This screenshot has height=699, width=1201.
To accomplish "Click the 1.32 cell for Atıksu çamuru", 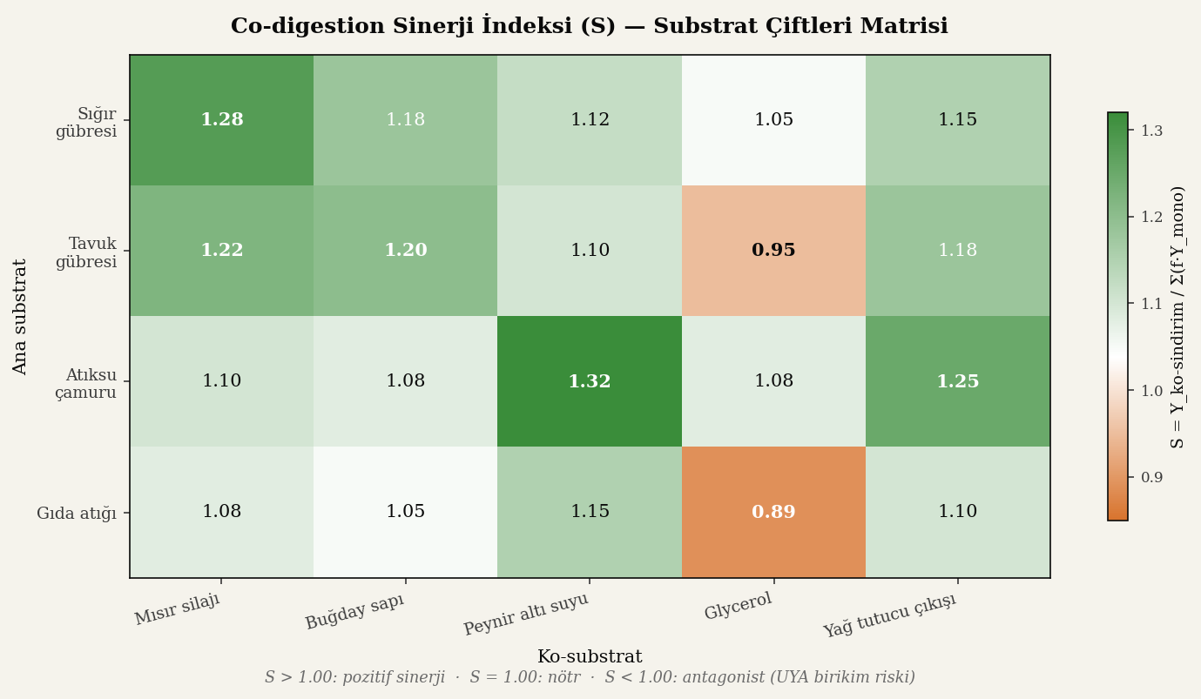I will point(590,381).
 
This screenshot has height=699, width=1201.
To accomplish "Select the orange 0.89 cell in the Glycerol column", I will point(773,512).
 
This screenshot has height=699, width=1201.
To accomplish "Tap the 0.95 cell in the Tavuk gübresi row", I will point(773,251).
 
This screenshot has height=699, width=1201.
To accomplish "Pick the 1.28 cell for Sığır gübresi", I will point(222,120).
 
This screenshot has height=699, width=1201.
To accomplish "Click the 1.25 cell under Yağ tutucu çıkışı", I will point(958,381).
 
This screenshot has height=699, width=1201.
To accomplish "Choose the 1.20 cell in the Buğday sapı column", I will point(406,251).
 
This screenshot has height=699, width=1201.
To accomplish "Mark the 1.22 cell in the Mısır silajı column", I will point(222,251).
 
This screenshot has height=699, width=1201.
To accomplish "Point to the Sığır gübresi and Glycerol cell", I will point(773,120).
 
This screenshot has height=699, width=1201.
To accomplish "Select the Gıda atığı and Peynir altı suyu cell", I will point(590,512).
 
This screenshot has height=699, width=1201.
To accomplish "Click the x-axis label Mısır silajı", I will point(178,609).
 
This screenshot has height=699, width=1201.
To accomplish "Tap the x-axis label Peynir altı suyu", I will point(526,615).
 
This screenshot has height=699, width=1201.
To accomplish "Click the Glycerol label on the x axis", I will point(739,607).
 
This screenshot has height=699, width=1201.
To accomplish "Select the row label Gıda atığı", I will point(77,514).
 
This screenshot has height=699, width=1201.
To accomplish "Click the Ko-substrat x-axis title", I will point(590,657).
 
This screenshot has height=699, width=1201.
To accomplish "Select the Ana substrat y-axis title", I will point(21,316).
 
